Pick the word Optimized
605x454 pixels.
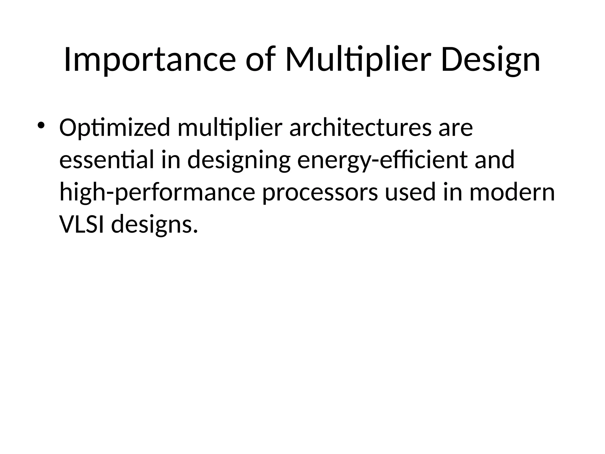tap(115, 128)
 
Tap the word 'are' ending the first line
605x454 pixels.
tap(456, 128)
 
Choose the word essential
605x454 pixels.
tap(107, 160)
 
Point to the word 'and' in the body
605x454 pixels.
tap(495, 160)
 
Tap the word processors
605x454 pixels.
tap(320, 192)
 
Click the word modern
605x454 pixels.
tap(512, 192)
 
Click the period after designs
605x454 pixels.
tap(195, 231)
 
